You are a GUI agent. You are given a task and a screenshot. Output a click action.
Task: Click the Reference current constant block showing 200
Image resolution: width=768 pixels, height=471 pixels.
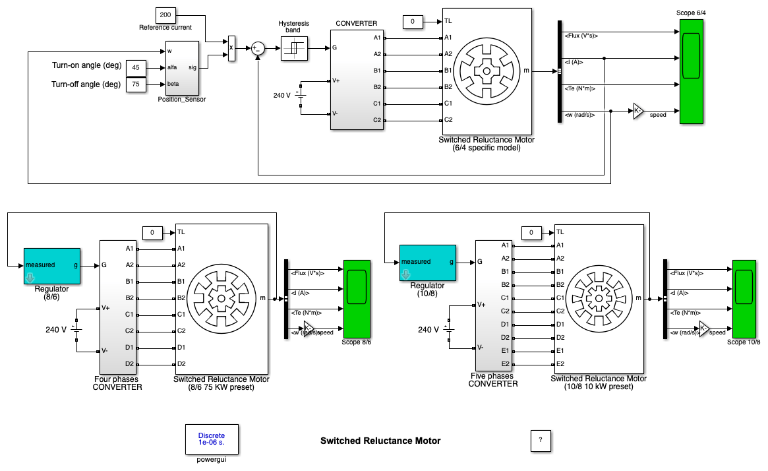pyautogui.click(x=165, y=15)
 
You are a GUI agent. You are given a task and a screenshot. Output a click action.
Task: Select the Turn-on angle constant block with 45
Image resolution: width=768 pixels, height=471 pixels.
pyautogui.click(x=136, y=68)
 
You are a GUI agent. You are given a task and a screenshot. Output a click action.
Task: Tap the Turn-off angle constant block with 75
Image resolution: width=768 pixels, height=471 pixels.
pyautogui.click(x=136, y=84)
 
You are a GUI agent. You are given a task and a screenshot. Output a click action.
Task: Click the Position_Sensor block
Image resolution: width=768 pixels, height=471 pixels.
pyautogui.click(x=182, y=68)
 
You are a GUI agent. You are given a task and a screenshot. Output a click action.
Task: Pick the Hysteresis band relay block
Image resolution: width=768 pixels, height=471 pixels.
pyautogui.click(x=295, y=48)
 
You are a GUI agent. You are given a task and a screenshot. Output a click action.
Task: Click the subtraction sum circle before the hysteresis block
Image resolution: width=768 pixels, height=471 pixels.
pyautogui.click(x=258, y=48)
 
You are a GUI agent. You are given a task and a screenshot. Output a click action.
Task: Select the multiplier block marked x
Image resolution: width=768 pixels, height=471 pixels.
pyautogui.click(x=231, y=48)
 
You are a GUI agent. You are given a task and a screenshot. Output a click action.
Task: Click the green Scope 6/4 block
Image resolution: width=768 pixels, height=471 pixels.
pyautogui.click(x=691, y=71)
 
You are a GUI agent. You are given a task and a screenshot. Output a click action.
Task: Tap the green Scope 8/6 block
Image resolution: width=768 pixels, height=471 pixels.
pyautogui.click(x=357, y=299)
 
